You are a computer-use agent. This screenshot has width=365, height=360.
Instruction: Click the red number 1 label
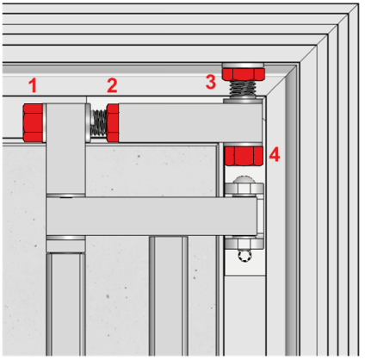33,85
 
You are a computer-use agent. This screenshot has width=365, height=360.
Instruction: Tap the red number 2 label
112,85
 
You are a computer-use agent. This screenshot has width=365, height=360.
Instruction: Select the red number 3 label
211,82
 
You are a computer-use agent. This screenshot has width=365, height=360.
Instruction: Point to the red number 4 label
275,154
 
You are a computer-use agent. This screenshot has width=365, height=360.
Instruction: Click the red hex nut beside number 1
33,122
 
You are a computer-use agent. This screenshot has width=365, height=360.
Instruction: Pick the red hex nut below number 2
113,123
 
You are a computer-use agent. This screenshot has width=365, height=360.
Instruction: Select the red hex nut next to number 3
244,74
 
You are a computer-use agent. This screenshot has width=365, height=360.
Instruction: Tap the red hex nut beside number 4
244,156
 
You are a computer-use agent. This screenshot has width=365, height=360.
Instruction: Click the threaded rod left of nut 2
98,123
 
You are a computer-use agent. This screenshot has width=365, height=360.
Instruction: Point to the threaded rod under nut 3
244,89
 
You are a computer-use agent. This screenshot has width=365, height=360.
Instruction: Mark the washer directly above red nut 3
244,65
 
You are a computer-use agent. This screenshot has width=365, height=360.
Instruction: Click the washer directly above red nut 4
243,144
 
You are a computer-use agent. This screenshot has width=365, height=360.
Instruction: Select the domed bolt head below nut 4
244,179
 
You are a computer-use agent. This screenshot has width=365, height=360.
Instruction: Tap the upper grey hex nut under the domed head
244,189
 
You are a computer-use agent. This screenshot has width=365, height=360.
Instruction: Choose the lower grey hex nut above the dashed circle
244,243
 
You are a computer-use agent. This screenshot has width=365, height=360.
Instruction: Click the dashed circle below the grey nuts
244,255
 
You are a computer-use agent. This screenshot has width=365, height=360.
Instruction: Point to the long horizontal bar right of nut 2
190,123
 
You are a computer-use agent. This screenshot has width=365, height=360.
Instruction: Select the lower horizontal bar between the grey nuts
152,216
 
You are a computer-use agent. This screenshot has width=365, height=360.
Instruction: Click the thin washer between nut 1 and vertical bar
44,122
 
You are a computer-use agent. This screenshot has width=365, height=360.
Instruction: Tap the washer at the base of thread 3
243,100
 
